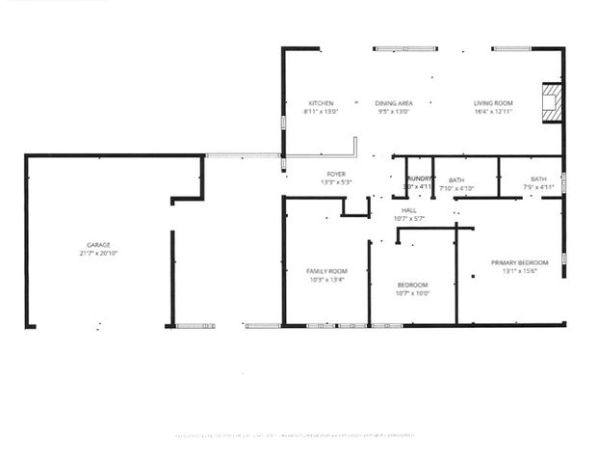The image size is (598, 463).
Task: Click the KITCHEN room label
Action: coord(321,103)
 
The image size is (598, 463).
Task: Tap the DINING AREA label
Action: coord(394,103)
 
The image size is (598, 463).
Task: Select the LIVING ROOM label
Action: coord(493,103)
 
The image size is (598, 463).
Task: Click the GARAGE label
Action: coord(99,245)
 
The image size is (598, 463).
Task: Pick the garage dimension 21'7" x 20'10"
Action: coord(99,253)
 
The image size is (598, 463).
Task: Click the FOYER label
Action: coord(336,174)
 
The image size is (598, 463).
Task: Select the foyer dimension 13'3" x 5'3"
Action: coord(336,181)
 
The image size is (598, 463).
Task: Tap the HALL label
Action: coord(409,210)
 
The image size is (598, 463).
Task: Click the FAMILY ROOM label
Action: coord(326,272)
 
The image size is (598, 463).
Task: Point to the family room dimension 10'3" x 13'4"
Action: coord(326,280)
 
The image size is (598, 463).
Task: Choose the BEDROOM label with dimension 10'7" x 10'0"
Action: coord(413,285)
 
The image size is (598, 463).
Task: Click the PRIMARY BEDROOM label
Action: coord(519,262)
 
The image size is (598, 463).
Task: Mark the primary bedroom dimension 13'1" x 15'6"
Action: coord(519,270)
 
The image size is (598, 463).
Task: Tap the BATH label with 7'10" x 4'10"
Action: coord(456,179)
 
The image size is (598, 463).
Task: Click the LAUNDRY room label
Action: coord(418,179)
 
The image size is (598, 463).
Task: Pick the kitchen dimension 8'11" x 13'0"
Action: coord(321,111)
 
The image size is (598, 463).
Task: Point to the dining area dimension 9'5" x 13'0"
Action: coord(394,111)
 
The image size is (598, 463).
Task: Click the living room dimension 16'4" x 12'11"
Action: coord(493,111)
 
